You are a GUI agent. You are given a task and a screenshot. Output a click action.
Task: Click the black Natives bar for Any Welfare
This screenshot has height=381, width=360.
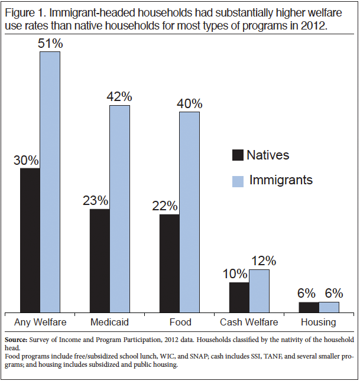click(30, 240)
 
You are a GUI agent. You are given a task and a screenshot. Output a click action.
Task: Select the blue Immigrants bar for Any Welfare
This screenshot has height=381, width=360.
click(50, 181)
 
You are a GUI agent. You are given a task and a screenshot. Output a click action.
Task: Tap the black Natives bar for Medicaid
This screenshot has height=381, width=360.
click(99, 260)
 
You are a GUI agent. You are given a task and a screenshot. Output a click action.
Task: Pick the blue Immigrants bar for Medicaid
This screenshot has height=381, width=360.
click(119, 209)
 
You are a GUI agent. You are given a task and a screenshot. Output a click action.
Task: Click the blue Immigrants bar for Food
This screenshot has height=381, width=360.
click(189, 211)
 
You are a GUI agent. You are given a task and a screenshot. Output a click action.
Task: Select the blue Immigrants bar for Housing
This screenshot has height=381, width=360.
click(329, 307)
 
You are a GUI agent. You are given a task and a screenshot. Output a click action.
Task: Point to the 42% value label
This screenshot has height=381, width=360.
click(119, 96)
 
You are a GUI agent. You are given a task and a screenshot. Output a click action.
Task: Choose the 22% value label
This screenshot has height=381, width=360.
click(166, 206)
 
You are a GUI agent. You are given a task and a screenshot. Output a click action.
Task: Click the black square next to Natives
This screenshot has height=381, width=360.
click(238, 155)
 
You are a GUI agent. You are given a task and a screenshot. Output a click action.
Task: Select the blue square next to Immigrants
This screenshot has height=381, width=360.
click(238, 180)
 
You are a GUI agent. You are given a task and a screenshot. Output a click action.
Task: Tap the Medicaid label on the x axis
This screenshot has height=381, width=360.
click(109, 323)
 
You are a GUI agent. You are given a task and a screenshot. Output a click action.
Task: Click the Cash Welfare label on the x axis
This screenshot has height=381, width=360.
click(249, 323)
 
